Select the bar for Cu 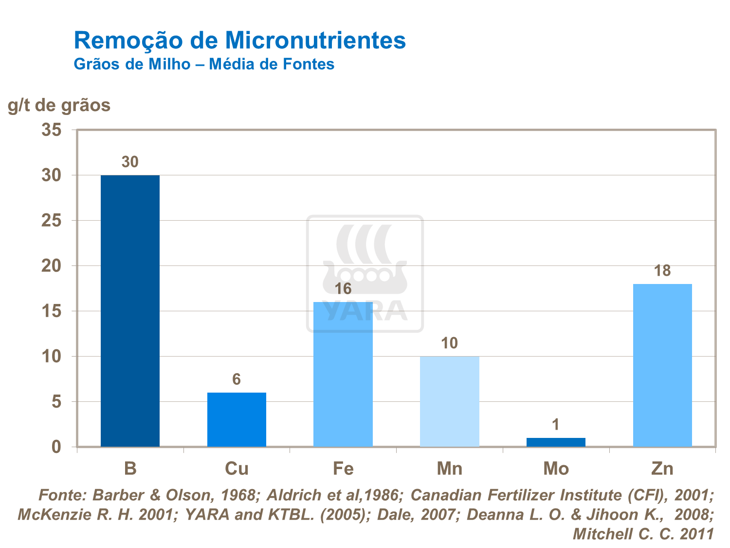coord(237,419)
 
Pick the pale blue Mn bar coord(449,401)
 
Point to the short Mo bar coord(556,442)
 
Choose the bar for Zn coord(662,365)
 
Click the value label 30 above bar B coord(130,162)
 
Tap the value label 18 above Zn coord(662,271)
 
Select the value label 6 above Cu coord(237,379)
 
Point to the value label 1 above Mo coord(556,425)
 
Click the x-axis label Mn coord(449,469)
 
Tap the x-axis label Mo coord(556,469)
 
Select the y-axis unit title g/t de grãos coord(59,105)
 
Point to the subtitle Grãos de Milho coord(132,64)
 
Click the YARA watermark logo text coord(365,311)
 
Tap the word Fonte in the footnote coord(62,495)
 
